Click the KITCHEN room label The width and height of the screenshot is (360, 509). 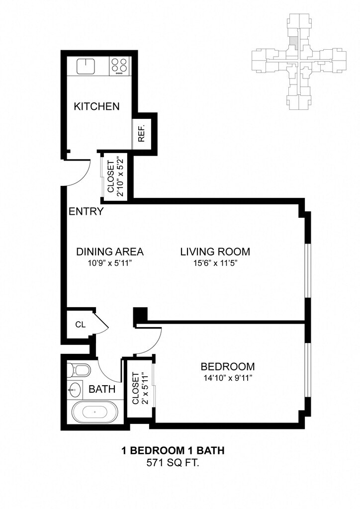tap(96, 106)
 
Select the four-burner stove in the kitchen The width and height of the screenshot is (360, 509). tap(119, 66)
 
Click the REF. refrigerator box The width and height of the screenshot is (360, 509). tap(141, 133)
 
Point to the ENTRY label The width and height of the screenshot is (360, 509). tap(86, 212)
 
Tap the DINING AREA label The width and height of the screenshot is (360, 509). tap(110, 252)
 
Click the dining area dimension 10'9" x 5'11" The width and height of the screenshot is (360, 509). tap(110, 263)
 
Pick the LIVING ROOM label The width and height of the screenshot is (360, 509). tap(215, 252)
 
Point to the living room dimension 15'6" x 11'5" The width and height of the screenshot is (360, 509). tap(215, 263)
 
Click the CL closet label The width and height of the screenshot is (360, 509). tap(80, 325)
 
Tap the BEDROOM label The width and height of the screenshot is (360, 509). tap(227, 367)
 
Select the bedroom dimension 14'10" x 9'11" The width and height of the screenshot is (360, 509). tap(227, 378)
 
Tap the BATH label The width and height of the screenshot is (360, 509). tap(102, 389)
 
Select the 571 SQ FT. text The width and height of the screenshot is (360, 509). tap(173, 463)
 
